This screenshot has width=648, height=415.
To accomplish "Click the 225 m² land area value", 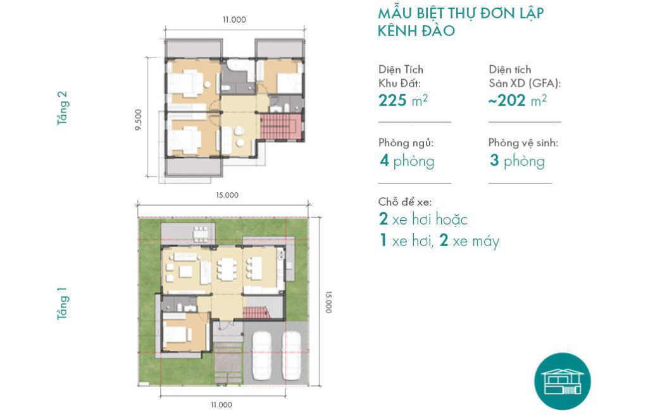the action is tap(403, 101).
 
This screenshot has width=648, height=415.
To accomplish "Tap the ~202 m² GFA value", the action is tap(518, 101).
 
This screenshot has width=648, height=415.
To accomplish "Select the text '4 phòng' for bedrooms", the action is tap(407, 161).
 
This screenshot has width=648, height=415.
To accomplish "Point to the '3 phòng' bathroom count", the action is tap(518, 161).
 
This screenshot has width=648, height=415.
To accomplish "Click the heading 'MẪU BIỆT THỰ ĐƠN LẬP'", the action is tap(461, 13).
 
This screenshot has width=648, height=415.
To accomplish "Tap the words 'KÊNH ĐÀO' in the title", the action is tap(416, 31).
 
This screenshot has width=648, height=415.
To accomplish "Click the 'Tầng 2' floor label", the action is tap(62, 108).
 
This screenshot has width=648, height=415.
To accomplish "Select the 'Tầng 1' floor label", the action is tap(62, 304).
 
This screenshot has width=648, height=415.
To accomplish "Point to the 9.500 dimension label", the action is tap(138, 120).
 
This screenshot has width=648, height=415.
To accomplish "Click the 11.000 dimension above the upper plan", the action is tap(234, 20).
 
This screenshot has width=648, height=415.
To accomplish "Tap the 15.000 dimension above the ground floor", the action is tap(227, 195).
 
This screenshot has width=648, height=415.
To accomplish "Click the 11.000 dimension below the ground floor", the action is tap(221, 405).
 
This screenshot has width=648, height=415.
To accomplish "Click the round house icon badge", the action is tap(563, 381).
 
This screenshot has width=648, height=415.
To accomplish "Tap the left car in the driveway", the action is tap(261, 356).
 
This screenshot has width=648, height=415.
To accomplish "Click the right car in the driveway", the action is tap(291, 356).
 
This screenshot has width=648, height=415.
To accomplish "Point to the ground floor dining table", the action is tap(227, 269).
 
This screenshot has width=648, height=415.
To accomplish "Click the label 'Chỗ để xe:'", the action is tap(404, 202).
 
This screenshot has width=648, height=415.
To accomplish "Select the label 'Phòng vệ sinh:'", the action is tap(523, 143).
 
